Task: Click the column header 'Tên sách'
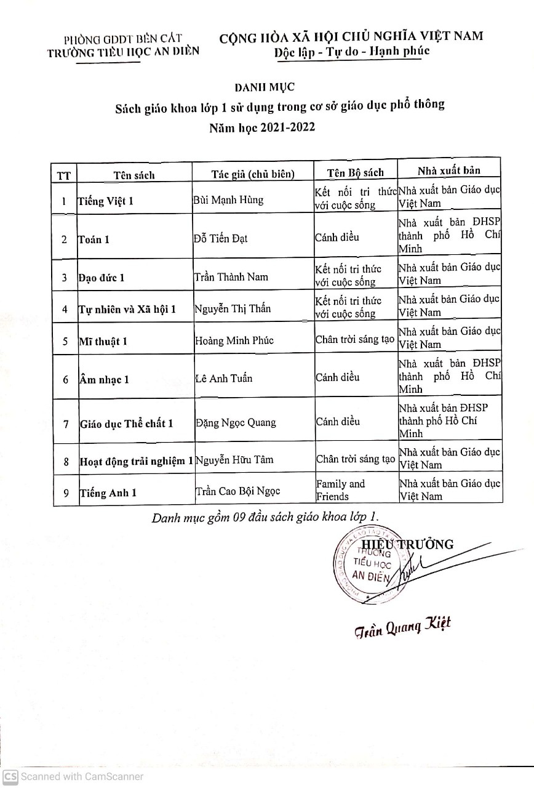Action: [x=133, y=175]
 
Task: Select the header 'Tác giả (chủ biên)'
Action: [x=253, y=174]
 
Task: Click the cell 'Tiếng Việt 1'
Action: [x=106, y=201]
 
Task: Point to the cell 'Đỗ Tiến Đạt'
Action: [x=221, y=238]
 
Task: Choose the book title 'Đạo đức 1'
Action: [x=102, y=277]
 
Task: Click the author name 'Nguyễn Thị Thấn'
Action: [x=233, y=308]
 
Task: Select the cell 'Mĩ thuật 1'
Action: [x=103, y=340]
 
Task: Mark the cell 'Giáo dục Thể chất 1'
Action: [x=127, y=423]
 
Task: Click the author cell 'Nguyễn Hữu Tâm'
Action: [x=234, y=459]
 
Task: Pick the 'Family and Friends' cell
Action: [x=340, y=490]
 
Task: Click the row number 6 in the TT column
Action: [x=65, y=379]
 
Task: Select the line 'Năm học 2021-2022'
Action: [x=262, y=129]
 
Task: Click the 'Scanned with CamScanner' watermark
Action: [x=73, y=777]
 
